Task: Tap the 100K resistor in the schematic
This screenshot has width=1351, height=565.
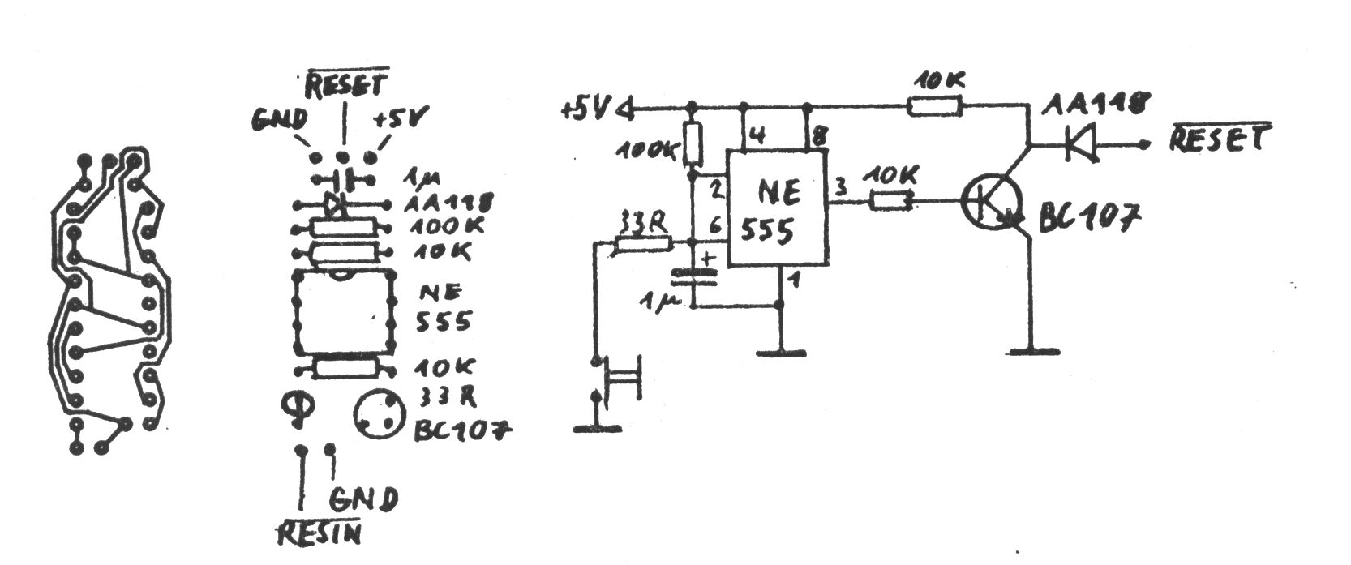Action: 692,143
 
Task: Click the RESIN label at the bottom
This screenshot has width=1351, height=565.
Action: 318,533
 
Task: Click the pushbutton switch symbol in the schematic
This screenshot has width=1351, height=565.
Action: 620,378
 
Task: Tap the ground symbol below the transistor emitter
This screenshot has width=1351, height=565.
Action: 1034,351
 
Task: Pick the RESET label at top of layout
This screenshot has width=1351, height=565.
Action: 346,83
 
